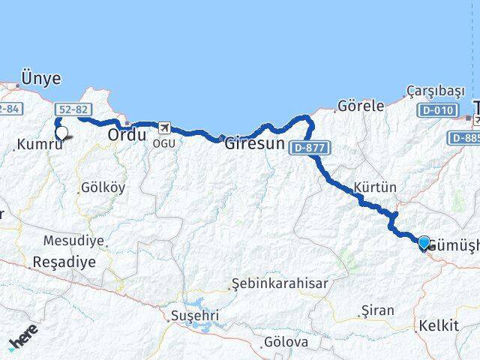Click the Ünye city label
[x=41, y=78]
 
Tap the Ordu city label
[x=127, y=135]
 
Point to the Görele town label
[x=361, y=106]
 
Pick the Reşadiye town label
[x=64, y=262]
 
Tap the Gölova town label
[x=286, y=342]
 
